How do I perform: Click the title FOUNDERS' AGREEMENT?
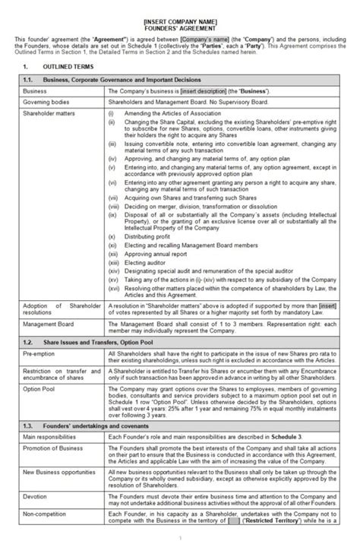tap(180, 22)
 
